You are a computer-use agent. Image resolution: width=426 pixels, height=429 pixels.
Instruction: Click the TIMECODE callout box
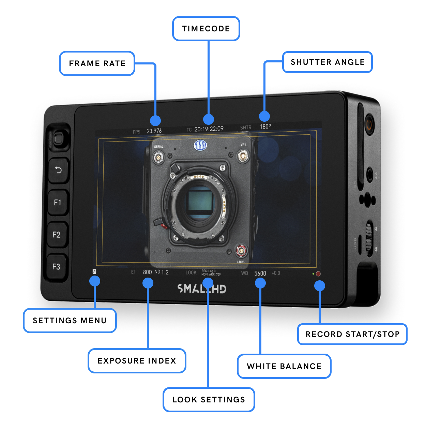(206, 29)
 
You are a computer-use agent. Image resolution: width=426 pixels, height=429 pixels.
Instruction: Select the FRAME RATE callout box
(97, 63)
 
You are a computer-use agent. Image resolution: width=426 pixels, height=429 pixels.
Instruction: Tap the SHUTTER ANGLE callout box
(327, 62)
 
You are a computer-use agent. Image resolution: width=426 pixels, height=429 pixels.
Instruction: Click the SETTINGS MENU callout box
(70, 321)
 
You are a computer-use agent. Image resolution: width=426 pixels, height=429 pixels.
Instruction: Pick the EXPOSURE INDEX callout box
(137, 361)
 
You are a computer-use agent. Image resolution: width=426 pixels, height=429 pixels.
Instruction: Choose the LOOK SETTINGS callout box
(209, 400)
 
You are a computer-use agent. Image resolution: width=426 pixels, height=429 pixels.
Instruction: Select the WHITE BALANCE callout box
(284, 366)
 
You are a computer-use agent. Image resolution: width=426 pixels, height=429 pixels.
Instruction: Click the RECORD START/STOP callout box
(352, 334)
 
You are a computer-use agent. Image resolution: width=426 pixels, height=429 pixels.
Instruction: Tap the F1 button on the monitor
(58, 203)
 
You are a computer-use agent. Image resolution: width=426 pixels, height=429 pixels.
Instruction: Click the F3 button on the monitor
(56, 267)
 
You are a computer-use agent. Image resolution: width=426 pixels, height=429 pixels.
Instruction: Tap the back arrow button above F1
(58, 170)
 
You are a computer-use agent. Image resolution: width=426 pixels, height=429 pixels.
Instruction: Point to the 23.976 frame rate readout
(154, 131)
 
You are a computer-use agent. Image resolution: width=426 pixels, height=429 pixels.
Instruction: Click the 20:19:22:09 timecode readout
(209, 129)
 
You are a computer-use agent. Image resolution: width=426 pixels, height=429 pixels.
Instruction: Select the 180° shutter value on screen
(265, 127)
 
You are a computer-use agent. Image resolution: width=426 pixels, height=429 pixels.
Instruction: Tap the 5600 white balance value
(260, 273)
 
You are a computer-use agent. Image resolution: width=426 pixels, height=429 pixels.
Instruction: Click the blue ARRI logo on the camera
(200, 145)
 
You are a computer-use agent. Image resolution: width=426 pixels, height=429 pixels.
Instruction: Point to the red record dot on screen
(318, 274)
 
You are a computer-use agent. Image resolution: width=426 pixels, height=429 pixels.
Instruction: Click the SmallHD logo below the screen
(201, 289)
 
